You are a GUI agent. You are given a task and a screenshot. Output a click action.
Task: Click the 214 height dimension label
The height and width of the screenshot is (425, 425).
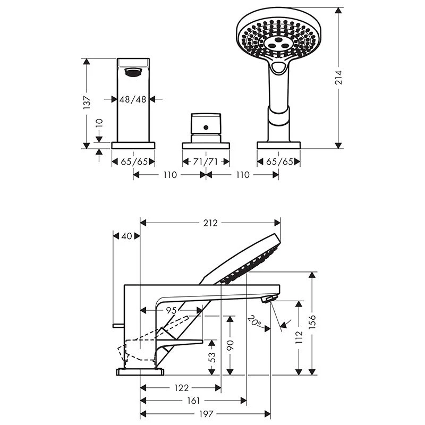[338, 78]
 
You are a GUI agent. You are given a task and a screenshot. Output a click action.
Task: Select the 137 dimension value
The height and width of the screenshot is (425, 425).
[87, 103]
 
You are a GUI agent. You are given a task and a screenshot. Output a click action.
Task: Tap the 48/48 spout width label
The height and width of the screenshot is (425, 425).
[133, 99]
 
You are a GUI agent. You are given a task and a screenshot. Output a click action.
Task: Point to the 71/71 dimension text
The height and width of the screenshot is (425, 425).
[206, 162]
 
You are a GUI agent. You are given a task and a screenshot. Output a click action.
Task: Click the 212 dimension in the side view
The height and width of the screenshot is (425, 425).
[210, 223]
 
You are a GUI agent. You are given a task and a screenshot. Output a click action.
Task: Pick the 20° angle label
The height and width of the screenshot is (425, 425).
[254, 321]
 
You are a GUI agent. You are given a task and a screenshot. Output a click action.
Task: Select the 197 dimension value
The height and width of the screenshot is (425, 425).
[206, 414]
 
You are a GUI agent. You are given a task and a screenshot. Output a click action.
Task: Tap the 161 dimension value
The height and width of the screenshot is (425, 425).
[193, 401]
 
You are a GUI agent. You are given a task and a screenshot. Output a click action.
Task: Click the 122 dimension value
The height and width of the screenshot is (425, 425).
[181, 388]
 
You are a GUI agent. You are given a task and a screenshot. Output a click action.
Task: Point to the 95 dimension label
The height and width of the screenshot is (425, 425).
[171, 310]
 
